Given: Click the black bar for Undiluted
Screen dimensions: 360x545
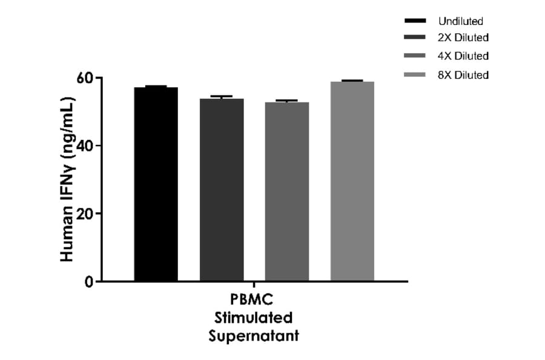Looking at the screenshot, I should (156, 184).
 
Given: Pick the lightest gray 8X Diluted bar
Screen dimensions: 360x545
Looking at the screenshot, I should (352, 181).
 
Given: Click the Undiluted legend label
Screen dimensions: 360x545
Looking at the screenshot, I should (461, 21).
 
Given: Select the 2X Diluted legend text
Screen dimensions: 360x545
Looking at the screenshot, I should (463, 38).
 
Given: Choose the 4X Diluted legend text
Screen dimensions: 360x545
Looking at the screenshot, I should (463, 56).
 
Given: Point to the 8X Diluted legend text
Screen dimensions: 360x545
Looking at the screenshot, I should (463, 75).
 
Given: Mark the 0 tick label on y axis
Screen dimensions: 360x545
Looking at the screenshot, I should (89, 282).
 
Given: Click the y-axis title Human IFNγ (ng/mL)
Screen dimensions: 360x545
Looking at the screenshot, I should (67, 180).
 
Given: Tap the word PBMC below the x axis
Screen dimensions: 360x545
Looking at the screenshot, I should (254, 301).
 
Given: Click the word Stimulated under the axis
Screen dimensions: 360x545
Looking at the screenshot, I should (254, 318).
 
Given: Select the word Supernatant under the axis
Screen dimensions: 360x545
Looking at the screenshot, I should (254, 336).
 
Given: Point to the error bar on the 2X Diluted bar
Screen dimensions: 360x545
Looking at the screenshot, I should (222, 96).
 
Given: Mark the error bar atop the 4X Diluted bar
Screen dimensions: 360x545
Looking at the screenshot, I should (287, 101).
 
